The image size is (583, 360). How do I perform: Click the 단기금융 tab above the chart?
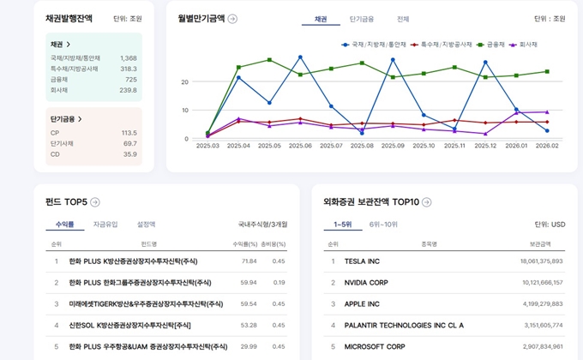[x=362, y=18]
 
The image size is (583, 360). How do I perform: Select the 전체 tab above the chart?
[x=403, y=18]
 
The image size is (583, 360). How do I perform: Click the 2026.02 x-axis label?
[x=547, y=146]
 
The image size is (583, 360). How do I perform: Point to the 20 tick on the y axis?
[x=184, y=82]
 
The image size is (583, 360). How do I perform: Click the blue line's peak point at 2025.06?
[x=300, y=57]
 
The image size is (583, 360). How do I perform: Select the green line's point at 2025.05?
[x=269, y=60]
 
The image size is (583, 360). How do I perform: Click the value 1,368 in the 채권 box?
[x=128, y=57]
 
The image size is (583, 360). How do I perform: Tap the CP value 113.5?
[x=129, y=133]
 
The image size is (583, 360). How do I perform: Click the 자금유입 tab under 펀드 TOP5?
[x=105, y=224]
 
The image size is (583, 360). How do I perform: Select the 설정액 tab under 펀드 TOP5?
[x=147, y=224]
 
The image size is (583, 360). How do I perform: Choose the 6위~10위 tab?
[x=382, y=224]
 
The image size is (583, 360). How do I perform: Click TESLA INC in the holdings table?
[x=361, y=261]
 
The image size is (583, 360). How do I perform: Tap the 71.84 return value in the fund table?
[x=249, y=261]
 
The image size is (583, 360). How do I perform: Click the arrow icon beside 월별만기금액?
[x=232, y=18]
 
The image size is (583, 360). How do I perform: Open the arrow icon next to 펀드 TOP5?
[x=95, y=201]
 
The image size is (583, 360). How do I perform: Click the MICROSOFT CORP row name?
[x=374, y=346]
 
